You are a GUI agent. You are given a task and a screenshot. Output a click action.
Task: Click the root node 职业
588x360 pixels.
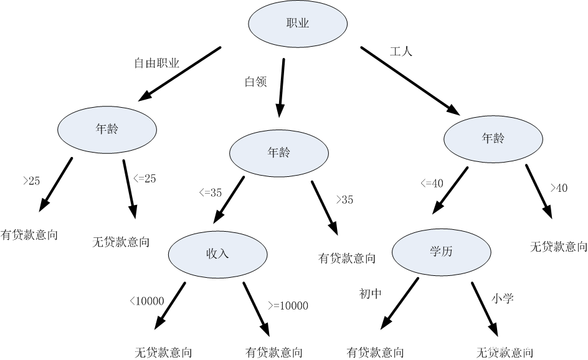coord(298,24)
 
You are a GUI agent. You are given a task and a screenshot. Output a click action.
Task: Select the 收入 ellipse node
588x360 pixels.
coord(218,253)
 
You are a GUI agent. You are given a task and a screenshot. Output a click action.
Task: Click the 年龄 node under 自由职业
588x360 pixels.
coord(107,130)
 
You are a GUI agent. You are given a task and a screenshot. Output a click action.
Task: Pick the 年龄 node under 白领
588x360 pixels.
coord(278,153)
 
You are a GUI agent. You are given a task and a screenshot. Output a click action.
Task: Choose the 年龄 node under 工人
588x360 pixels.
coord(492,139)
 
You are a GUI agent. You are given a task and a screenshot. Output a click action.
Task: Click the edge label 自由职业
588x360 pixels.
coord(157,63)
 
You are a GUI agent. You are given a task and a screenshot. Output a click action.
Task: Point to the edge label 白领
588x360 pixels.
coord(255,82)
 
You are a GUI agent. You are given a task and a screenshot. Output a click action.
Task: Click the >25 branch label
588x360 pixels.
coord(31,181)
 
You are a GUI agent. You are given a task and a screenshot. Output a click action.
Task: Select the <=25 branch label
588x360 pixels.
coord(145,178)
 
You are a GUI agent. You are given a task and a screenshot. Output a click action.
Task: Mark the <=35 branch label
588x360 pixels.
coord(210,192)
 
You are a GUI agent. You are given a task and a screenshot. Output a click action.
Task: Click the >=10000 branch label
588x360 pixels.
coord(288,305)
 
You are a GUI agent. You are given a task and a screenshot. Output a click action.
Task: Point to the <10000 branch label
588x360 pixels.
coord(146,301)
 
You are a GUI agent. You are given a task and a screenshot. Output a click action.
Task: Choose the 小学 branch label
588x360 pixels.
coord(502,299)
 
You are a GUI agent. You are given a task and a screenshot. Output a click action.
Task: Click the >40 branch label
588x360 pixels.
coord(558,188)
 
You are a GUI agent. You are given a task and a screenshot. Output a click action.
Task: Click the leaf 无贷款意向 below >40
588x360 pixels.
coord(558,247)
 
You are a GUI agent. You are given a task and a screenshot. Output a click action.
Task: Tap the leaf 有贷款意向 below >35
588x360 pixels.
coord(347,258)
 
